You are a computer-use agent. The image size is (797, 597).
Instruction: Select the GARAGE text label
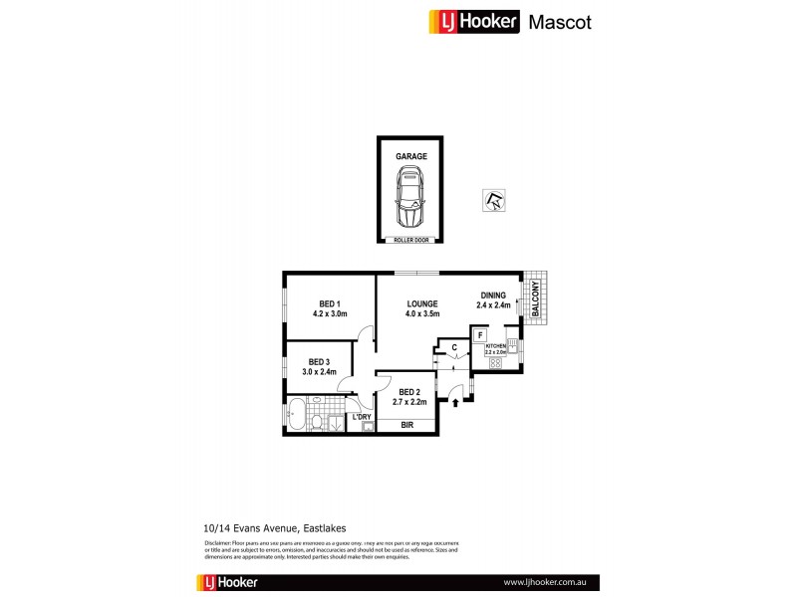coord(410,156)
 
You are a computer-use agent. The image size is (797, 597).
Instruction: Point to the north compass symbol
coord(494,200)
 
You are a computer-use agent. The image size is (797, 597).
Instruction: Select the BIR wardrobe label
coord(406,425)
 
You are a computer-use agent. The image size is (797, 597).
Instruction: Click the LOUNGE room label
coord(423,304)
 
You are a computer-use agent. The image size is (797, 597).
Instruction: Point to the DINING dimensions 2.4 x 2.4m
coord(494,306)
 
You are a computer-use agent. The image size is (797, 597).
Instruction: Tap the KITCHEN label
coord(496,346)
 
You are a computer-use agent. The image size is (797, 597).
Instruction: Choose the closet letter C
coord(454,347)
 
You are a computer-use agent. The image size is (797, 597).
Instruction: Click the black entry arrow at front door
coord(456,403)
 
